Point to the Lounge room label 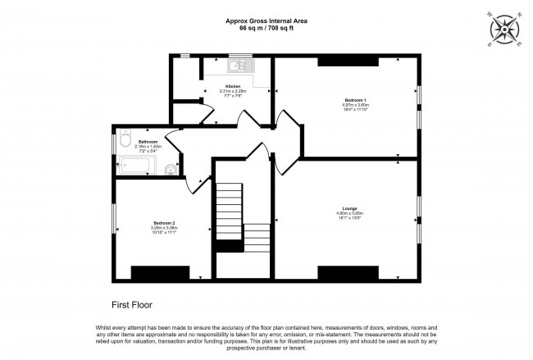pos(349,209)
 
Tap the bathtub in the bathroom pos(136,166)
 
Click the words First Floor pos(132,303)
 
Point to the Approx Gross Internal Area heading pos(267,21)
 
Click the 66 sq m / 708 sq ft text pos(267,28)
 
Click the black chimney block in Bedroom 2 pos(160,273)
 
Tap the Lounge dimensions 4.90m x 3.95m pos(349,214)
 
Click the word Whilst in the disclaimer pos(105,326)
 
